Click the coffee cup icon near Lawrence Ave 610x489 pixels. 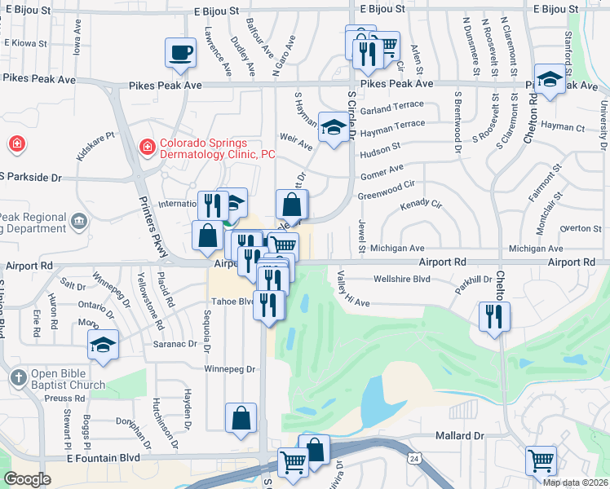pos(180,53)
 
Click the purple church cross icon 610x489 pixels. pos(19,377)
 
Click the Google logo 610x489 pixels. pos(27,479)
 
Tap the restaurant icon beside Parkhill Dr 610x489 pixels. pos(493,315)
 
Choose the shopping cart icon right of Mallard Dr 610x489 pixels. pos(540,460)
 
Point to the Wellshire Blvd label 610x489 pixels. pos(400,279)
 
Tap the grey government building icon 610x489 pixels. pos(79,220)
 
